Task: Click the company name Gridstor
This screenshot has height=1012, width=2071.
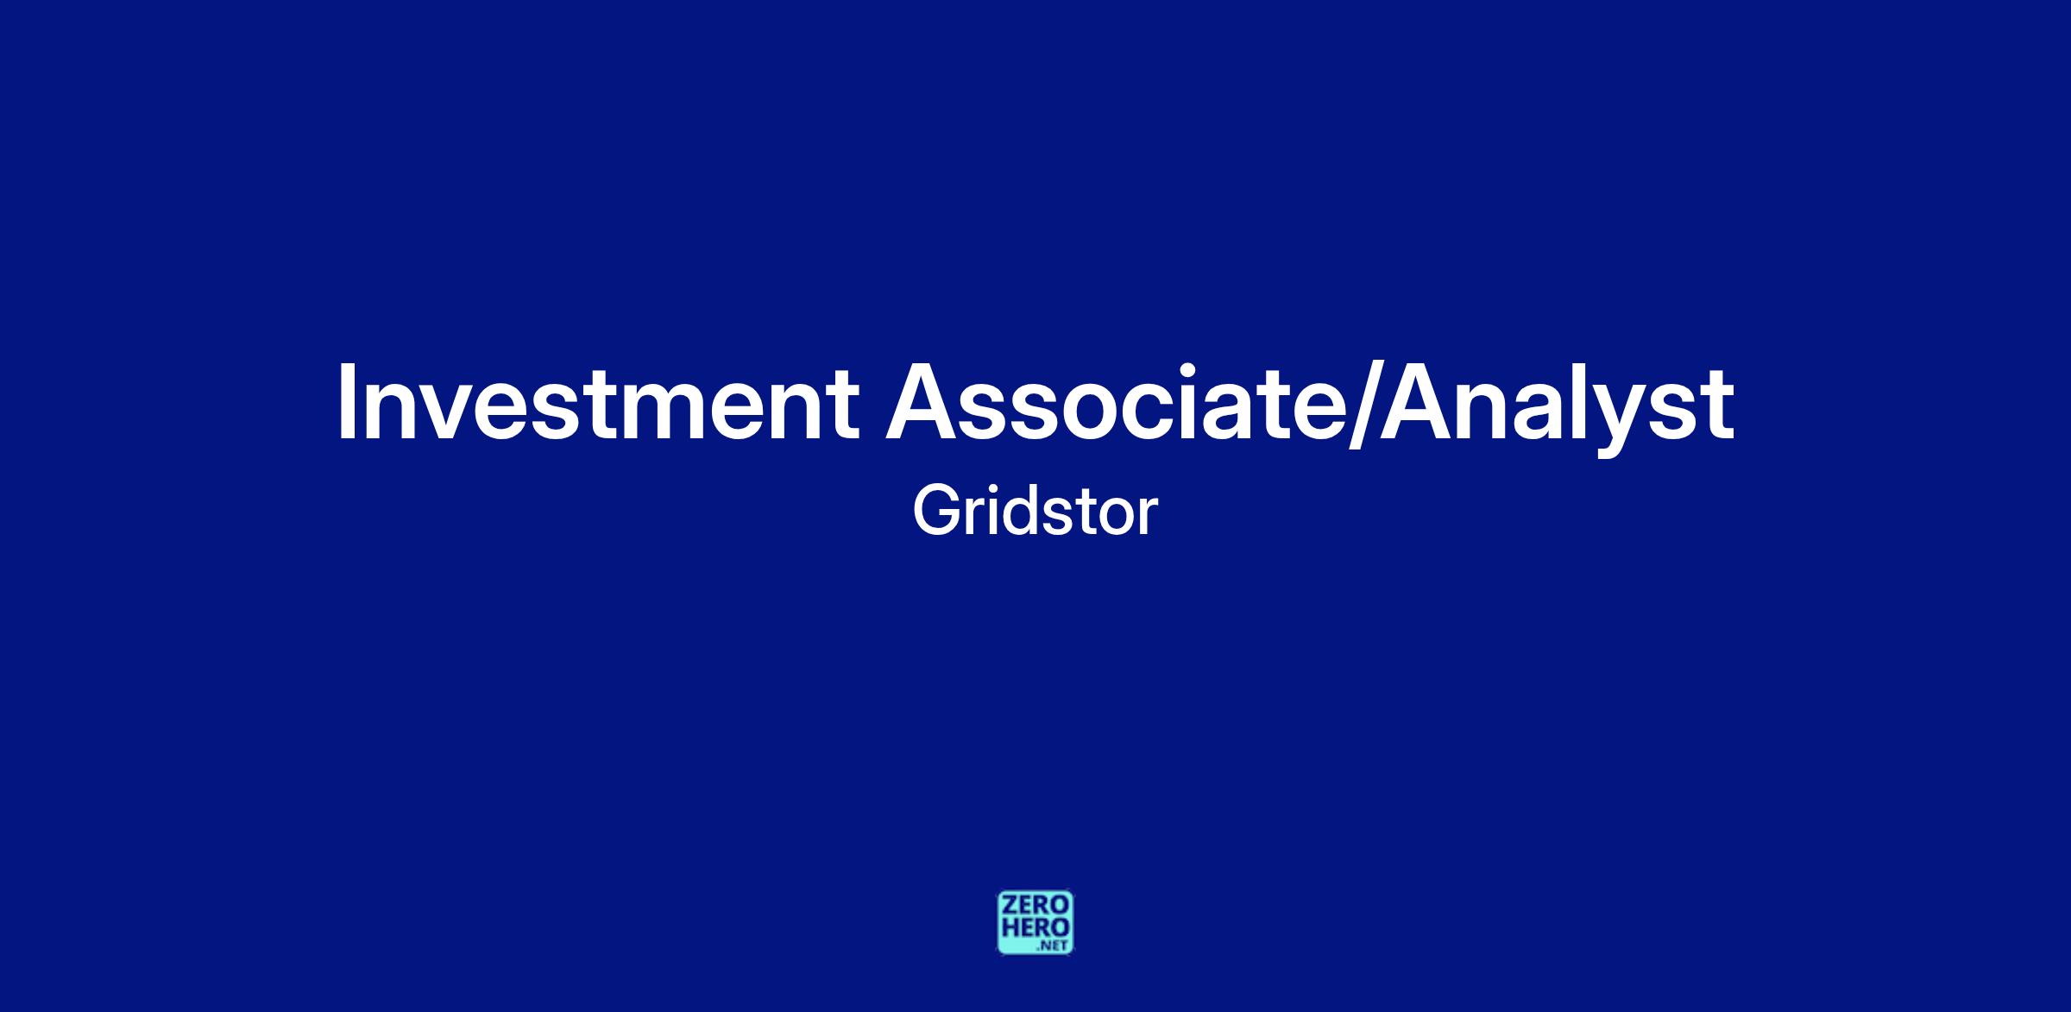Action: [1035, 512]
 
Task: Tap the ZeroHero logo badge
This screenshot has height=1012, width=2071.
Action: [1035, 922]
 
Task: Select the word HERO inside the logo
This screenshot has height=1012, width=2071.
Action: [1035, 928]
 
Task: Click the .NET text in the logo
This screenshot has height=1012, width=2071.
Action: [1055, 946]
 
